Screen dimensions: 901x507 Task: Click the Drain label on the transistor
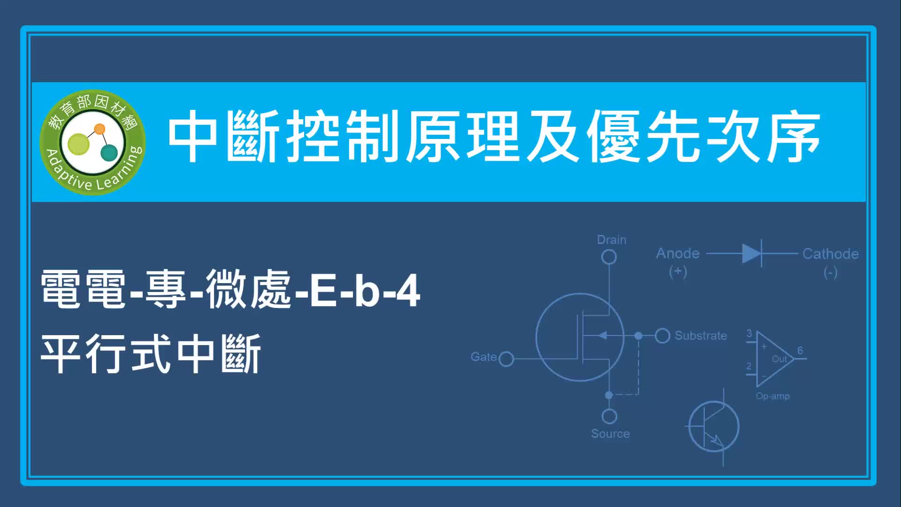click(x=611, y=240)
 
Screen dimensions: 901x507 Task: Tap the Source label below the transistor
click(x=610, y=434)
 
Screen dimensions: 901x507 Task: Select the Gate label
click(x=484, y=357)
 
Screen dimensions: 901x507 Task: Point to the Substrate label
click(x=701, y=336)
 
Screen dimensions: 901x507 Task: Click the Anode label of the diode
click(x=678, y=253)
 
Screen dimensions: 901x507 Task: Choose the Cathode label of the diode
click(x=831, y=254)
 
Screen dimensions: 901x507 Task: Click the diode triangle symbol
click(x=751, y=253)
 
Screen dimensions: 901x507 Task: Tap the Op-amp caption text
click(x=772, y=396)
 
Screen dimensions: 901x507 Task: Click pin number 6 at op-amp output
click(x=800, y=351)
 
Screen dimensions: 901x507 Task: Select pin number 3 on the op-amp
click(x=749, y=333)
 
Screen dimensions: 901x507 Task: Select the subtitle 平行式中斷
click(x=151, y=354)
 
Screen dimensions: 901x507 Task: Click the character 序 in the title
click(x=794, y=137)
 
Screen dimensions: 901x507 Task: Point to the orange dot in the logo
click(x=99, y=129)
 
